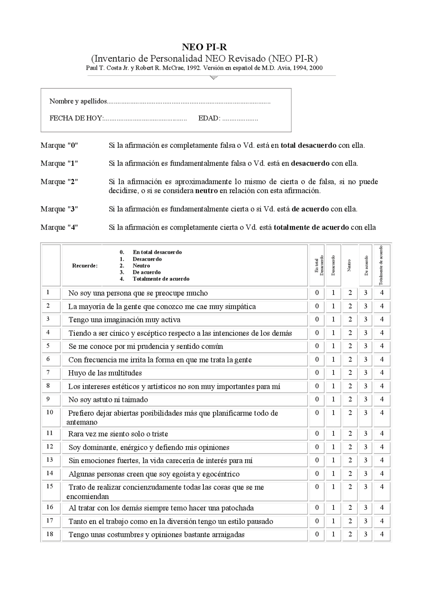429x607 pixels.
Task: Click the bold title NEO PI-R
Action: tap(204, 47)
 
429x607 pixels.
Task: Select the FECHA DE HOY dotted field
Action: tap(145, 119)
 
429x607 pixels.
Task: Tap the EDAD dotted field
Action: tap(240, 119)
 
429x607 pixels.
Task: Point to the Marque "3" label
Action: tap(59, 209)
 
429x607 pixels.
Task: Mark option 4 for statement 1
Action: tap(381, 293)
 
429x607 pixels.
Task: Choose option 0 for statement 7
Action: tap(317, 373)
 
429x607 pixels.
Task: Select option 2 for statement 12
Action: tap(350, 447)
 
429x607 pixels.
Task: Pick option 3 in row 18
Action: tap(365, 534)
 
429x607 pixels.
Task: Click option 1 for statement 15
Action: tap(333, 487)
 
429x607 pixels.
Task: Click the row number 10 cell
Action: tap(50, 413)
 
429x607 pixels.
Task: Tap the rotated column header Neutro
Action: tap(349, 265)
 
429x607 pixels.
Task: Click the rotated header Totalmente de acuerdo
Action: tap(381, 265)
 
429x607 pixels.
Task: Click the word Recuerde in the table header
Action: tap(85, 266)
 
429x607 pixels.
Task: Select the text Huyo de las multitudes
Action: tap(105, 373)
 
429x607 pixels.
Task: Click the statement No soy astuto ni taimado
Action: tap(108, 400)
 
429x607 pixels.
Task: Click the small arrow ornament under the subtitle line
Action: tap(213, 78)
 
